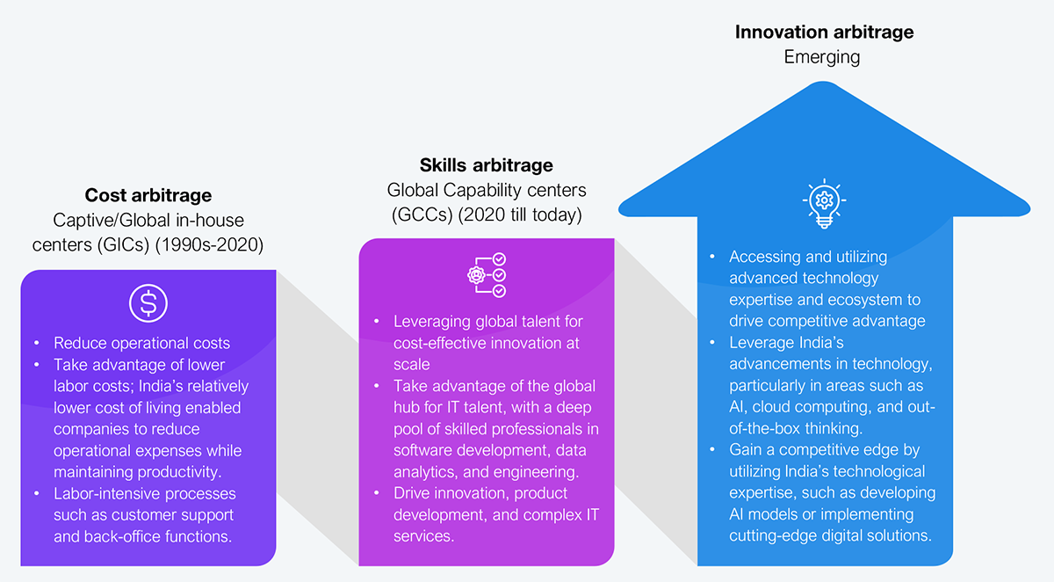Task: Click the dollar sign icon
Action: point(148,303)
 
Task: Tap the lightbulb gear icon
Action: point(824,203)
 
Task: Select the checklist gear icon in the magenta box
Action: point(487,275)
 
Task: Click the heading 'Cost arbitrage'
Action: point(148,195)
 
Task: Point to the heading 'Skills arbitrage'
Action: point(487,165)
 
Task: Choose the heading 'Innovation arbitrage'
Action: point(825,32)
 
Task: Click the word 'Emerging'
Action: point(822,57)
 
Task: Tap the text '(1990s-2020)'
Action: point(209,245)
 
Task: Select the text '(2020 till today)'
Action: point(520,215)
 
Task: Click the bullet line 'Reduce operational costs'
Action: point(141,343)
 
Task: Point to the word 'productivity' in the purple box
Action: point(179,472)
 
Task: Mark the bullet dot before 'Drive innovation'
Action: point(377,493)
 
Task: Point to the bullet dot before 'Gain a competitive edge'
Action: point(712,449)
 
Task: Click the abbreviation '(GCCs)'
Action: point(422,215)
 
